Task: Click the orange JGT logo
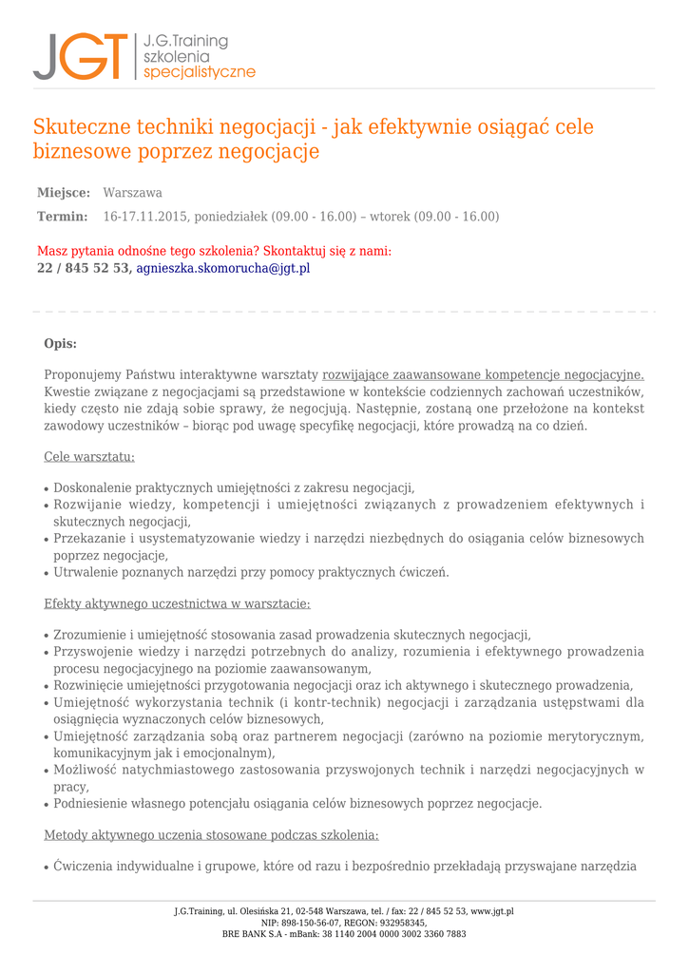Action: point(80,56)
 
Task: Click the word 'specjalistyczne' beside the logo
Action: point(199,72)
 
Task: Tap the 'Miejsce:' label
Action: point(64,193)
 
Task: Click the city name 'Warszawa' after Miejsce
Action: point(132,193)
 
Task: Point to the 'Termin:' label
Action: point(62,217)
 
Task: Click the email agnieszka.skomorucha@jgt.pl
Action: point(223,268)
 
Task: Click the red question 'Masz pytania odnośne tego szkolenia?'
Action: point(146,251)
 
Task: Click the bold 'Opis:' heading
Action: point(61,343)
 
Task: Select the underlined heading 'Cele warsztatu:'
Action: point(89,457)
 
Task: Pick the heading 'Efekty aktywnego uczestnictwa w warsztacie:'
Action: point(177,603)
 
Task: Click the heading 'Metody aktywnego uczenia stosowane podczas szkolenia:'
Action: point(211,835)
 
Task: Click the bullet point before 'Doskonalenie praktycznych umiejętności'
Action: point(47,489)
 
